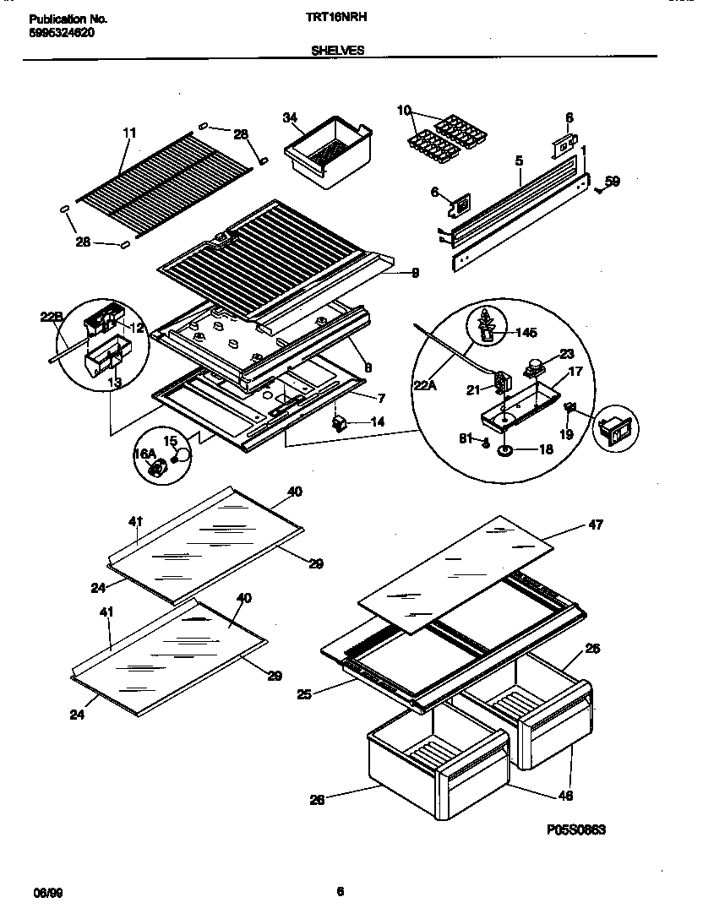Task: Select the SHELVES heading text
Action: pos(338,50)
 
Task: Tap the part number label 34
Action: pos(289,117)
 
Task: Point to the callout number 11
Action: pos(128,133)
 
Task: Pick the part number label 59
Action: pos(613,180)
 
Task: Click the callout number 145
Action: pos(526,333)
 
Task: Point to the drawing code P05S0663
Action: pos(576,829)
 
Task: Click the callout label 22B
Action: pos(51,317)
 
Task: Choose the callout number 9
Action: pos(415,272)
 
